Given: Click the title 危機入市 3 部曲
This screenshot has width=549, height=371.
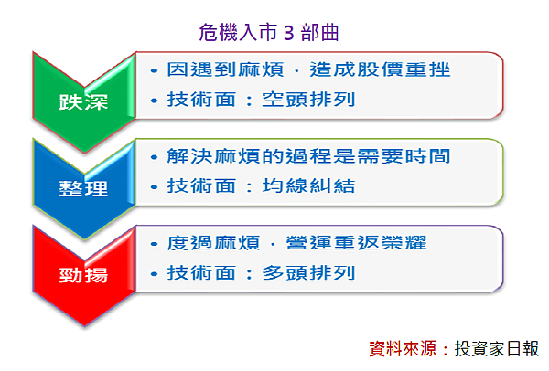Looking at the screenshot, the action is pyautogui.click(x=268, y=33).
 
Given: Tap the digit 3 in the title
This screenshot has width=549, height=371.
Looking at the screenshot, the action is pyautogui.click(x=288, y=34).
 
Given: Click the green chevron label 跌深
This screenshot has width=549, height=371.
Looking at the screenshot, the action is pyautogui.click(x=83, y=102).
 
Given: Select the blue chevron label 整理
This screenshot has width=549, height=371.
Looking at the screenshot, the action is pyautogui.click(x=83, y=188).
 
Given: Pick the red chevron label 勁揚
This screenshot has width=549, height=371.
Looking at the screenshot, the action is pyautogui.click(x=83, y=275).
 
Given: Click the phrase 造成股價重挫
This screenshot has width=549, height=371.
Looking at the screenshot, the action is pyautogui.click(x=380, y=69).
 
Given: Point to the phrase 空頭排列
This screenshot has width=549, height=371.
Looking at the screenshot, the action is pyautogui.click(x=309, y=100).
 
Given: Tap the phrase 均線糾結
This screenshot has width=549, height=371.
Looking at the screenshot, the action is pyautogui.click(x=309, y=185).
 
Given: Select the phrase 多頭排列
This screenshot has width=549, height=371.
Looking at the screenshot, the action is pyautogui.click(x=309, y=272).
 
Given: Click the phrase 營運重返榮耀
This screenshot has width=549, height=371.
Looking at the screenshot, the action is pyautogui.click(x=357, y=243).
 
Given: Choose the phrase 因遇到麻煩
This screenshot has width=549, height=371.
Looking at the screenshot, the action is pyautogui.click(x=225, y=69).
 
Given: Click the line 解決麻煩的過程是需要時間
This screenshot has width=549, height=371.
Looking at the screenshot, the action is pyautogui.click(x=308, y=156).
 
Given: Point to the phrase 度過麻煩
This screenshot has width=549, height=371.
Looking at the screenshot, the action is pyautogui.click(x=213, y=243).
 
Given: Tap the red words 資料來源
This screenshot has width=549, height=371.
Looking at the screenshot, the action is pyautogui.click(x=403, y=349).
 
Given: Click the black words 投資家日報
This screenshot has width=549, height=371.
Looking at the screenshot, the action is pyautogui.click(x=497, y=349).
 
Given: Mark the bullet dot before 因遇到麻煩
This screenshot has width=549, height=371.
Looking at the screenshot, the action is pyautogui.click(x=154, y=70).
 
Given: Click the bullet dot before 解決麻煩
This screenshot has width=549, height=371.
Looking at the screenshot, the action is pyautogui.click(x=154, y=157).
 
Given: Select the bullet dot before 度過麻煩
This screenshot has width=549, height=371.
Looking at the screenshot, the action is pyautogui.click(x=154, y=244).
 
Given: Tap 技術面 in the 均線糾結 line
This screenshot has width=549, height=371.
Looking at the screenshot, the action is pyautogui.click(x=201, y=185).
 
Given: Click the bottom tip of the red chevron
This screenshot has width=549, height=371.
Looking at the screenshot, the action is pyautogui.click(x=84, y=326).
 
